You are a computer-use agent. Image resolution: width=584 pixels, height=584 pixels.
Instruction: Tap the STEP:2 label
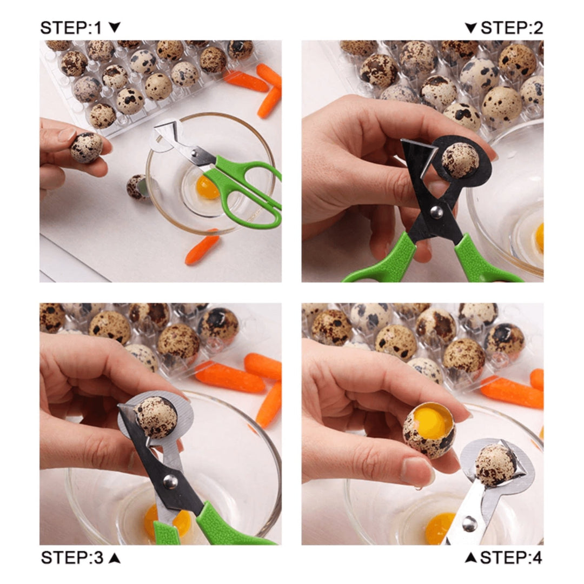click(x=511, y=28)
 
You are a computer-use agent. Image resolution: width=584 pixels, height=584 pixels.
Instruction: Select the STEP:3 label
click(x=74, y=558)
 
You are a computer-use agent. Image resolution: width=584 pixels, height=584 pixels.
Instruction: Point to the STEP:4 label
click(x=511, y=558)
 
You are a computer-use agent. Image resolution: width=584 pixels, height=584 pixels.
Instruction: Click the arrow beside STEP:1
click(x=115, y=28)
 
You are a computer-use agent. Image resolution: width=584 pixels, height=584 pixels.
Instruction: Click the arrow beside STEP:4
click(x=471, y=558)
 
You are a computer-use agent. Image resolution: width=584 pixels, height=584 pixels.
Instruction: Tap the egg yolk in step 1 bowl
click(x=207, y=187)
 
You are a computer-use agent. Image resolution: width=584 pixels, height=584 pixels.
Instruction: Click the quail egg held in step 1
click(x=86, y=148)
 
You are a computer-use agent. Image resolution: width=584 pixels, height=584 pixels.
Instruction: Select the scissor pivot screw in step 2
click(x=436, y=212)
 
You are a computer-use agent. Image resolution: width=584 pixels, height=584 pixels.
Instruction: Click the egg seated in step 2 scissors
click(x=460, y=160)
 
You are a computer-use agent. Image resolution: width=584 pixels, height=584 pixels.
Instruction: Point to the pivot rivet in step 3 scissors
click(x=170, y=480)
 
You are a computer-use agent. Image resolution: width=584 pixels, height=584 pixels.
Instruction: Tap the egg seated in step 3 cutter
click(x=156, y=417)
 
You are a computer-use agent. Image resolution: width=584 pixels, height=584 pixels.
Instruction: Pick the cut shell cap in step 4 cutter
click(x=495, y=464)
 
